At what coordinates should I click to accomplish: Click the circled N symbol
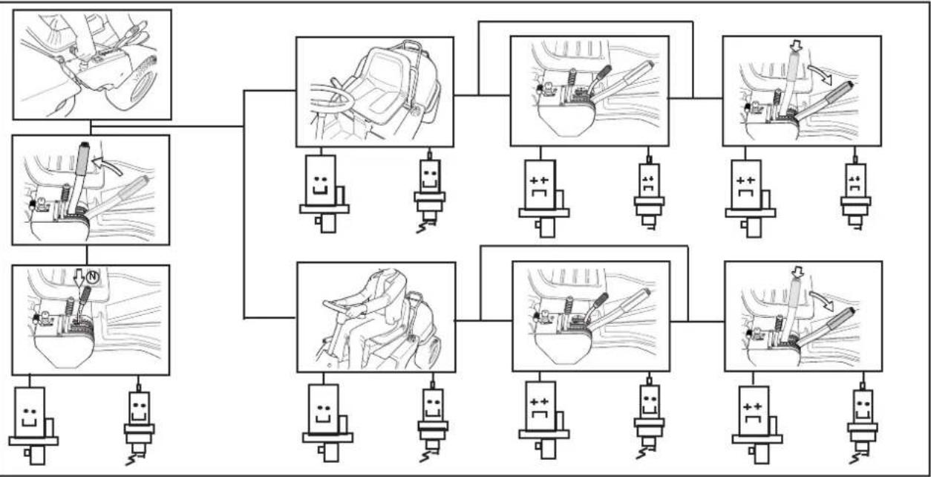93,276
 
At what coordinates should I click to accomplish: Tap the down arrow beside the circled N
79,276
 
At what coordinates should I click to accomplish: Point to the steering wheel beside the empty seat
331,99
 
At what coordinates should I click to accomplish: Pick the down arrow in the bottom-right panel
797,273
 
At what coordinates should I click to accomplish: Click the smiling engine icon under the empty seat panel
324,194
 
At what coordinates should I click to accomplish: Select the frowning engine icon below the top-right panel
750,198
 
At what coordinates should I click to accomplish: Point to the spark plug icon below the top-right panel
855,192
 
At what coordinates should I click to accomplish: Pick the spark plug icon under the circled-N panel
139,424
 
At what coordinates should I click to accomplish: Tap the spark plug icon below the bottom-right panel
863,423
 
